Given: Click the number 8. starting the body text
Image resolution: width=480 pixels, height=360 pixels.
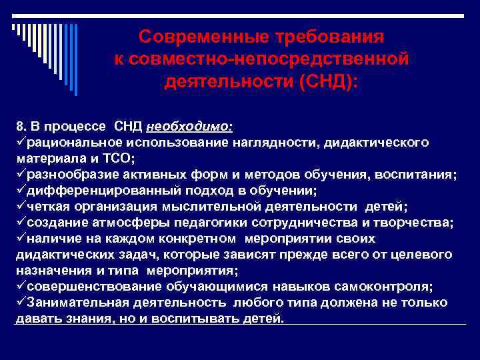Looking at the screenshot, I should (x=21, y=126).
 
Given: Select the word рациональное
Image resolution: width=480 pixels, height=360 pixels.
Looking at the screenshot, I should (x=70, y=142).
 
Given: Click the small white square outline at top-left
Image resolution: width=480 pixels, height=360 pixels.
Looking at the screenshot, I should (x=13, y=28).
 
